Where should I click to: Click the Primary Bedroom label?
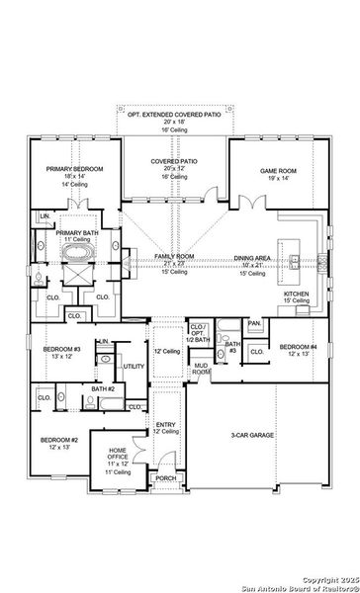75,169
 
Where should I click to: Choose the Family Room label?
174,256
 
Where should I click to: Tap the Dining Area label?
252,258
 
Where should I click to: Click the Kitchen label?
298,294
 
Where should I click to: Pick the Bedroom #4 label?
297,347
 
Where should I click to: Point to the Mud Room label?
201,369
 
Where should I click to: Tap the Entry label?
166,425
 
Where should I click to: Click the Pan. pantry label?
255,323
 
